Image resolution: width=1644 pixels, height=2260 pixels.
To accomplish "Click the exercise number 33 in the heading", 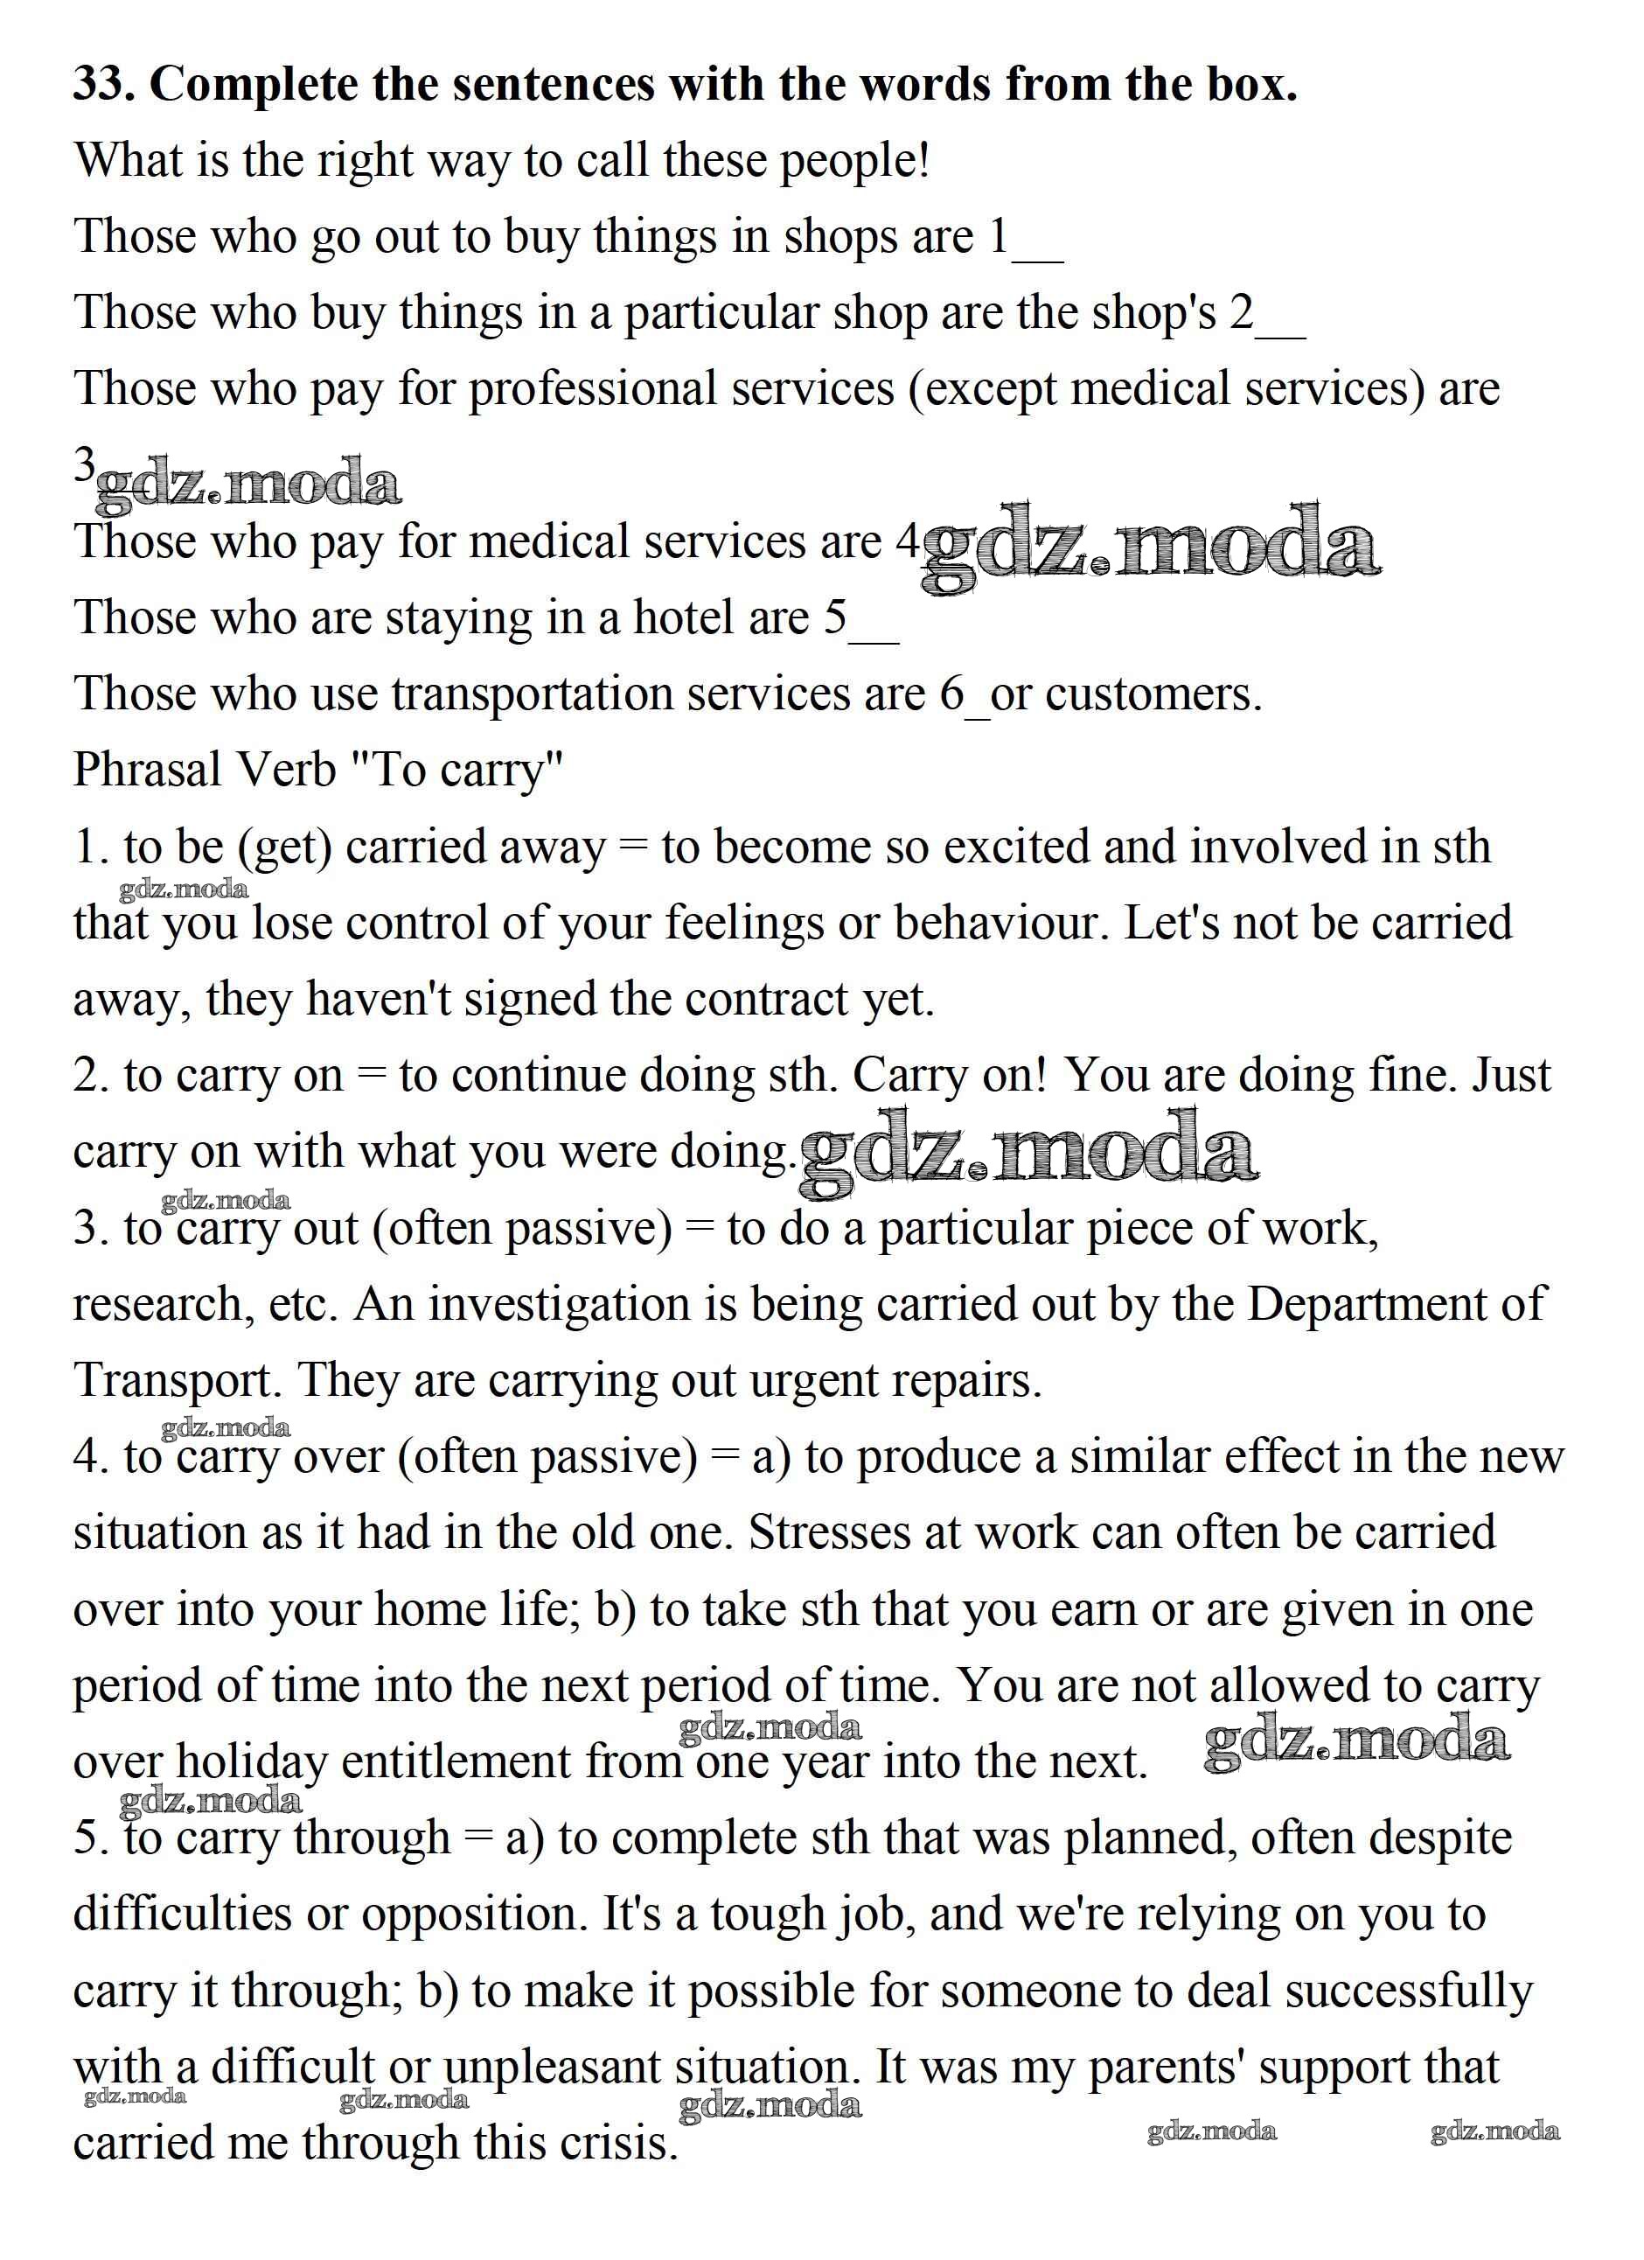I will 102,84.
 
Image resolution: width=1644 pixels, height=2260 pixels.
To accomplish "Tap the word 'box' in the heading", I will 1245,84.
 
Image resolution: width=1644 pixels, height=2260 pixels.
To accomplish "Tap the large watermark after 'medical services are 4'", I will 1151,546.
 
